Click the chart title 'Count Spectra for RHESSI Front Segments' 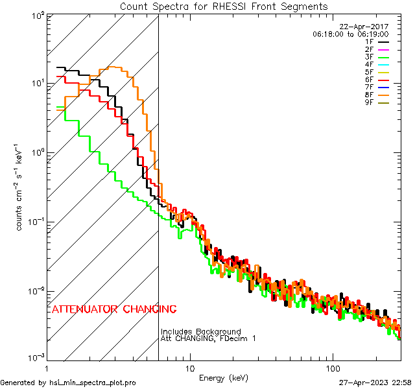(x=224, y=6)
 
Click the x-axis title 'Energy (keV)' (x=224, y=377)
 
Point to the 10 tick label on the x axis (x=189, y=368)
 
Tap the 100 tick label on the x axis (x=332, y=368)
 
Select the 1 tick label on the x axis (x=47, y=368)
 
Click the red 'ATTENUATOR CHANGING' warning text (x=113, y=309)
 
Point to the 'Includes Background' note (x=201, y=332)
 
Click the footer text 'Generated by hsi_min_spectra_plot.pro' (x=68, y=383)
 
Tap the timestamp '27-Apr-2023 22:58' (x=375, y=383)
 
